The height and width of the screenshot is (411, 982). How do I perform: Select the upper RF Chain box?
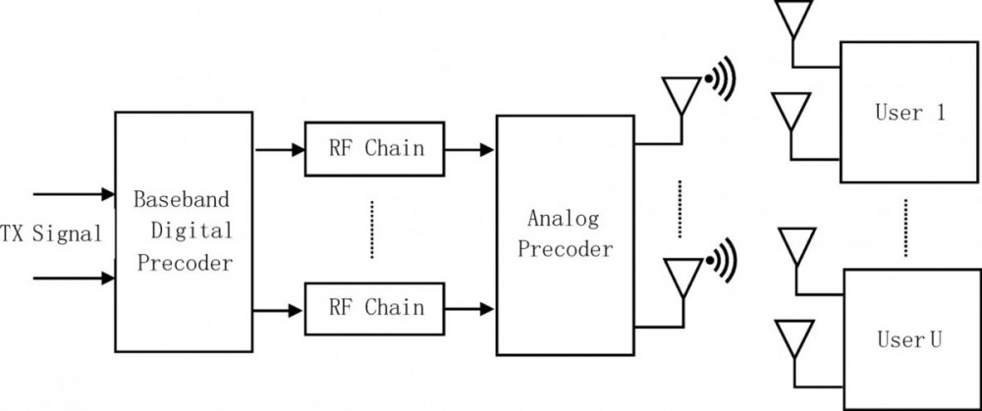[376, 150]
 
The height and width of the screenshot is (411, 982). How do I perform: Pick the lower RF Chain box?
[376, 308]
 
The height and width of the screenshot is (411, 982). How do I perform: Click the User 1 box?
[909, 113]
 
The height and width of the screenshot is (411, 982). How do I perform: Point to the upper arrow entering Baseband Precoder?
[74, 193]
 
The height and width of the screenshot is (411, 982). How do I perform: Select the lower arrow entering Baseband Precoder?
[74, 278]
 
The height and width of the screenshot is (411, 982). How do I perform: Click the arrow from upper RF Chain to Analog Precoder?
[470, 150]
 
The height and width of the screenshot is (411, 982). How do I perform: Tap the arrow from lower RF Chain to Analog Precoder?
[470, 309]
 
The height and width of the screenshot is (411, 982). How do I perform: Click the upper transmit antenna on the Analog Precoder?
[682, 96]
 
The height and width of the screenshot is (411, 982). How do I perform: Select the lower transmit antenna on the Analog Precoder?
[682, 277]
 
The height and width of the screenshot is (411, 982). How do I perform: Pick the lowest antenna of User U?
[793, 336]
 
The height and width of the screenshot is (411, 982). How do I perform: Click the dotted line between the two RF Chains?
[372, 230]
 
